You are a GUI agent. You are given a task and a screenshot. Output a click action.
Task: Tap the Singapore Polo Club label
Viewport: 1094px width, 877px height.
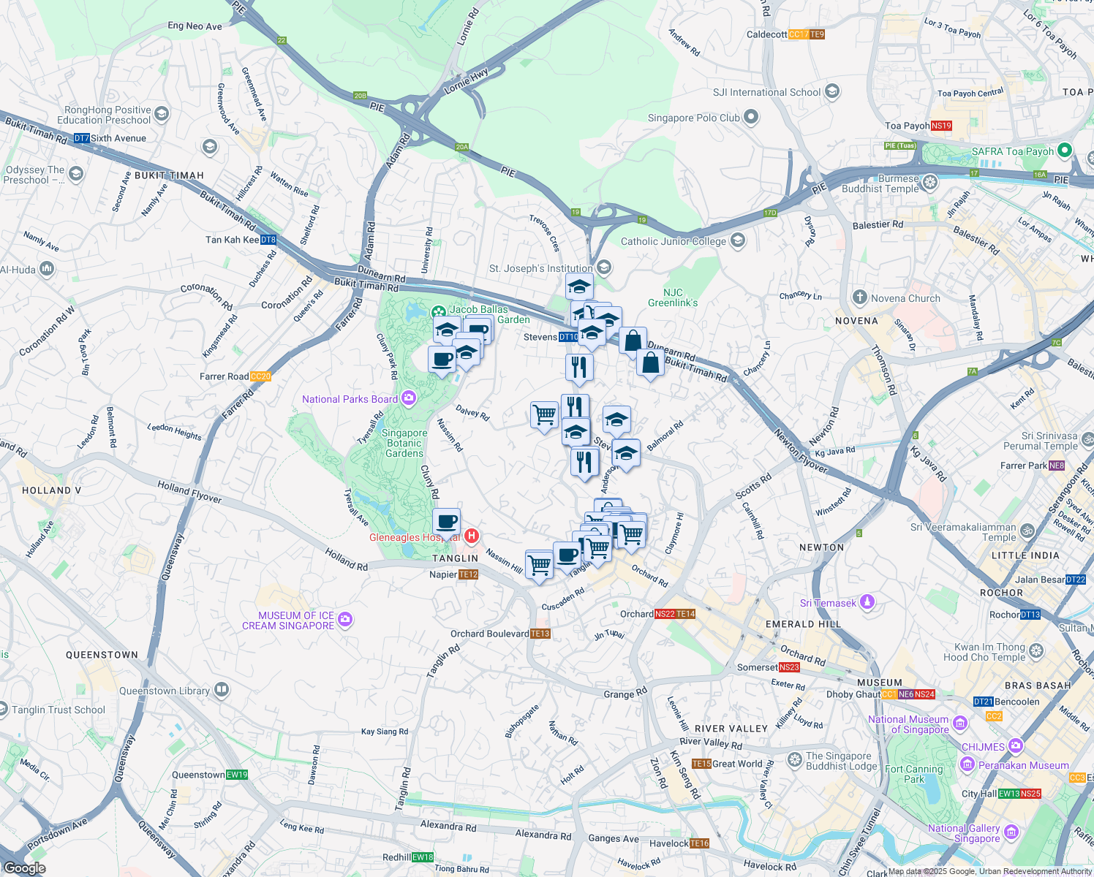tap(693, 118)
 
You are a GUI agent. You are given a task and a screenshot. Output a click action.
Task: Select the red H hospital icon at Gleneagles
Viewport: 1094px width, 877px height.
tap(472, 536)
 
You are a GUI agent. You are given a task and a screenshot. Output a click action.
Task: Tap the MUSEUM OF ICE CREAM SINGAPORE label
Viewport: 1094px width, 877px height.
tap(288, 620)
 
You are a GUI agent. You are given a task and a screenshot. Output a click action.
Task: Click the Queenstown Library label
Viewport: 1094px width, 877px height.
tap(165, 691)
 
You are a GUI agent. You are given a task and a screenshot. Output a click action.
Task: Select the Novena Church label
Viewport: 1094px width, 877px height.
tap(905, 298)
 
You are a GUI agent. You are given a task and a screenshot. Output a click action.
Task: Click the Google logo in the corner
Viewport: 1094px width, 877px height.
tap(24, 867)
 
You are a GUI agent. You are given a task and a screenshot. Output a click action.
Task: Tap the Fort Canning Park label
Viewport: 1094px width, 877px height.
tap(913, 774)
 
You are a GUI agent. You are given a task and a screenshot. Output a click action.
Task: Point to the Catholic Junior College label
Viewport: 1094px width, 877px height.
tap(674, 241)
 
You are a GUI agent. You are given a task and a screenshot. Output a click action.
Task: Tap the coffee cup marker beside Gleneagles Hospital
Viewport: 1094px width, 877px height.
tap(446, 523)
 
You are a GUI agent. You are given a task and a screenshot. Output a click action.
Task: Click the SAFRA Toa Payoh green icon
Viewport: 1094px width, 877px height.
tap(1064, 151)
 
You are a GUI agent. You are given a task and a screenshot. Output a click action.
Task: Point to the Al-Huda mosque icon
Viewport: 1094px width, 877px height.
tap(48, 269)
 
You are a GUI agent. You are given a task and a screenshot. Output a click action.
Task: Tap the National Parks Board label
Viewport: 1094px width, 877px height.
tap(350, 399)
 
